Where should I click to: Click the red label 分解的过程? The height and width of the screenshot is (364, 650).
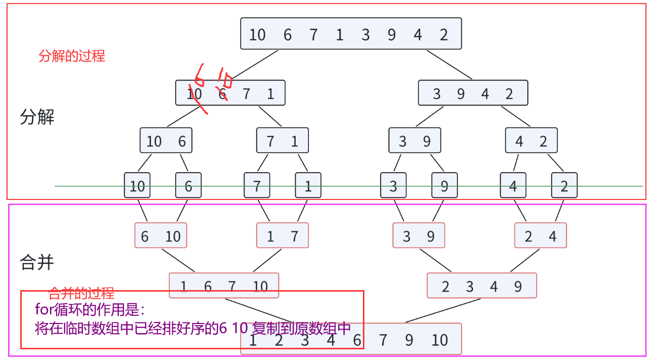72,56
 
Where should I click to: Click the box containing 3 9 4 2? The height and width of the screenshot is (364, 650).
473,93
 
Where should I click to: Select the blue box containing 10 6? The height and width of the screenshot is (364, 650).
166,141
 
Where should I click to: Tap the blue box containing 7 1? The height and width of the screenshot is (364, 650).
282,141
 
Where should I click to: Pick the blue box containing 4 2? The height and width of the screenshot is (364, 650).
531,141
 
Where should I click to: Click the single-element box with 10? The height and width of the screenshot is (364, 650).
137,185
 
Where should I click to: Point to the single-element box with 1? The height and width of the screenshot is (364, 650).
308,185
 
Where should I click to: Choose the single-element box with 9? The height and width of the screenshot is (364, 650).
444,185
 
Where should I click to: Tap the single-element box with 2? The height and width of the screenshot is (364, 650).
564,185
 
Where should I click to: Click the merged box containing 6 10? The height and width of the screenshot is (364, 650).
161,235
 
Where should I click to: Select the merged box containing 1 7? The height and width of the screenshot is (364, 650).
282,235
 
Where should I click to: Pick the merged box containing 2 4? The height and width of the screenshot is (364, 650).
540,235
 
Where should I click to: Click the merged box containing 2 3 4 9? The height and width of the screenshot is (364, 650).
481,286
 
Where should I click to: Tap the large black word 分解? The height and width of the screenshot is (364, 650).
37,117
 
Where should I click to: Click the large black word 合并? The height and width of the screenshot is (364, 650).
37,262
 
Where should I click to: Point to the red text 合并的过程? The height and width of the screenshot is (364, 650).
81,293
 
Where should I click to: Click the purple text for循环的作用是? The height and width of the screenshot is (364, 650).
90,309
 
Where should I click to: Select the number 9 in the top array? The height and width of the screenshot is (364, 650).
392,34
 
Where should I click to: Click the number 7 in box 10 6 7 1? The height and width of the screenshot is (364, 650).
246,94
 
